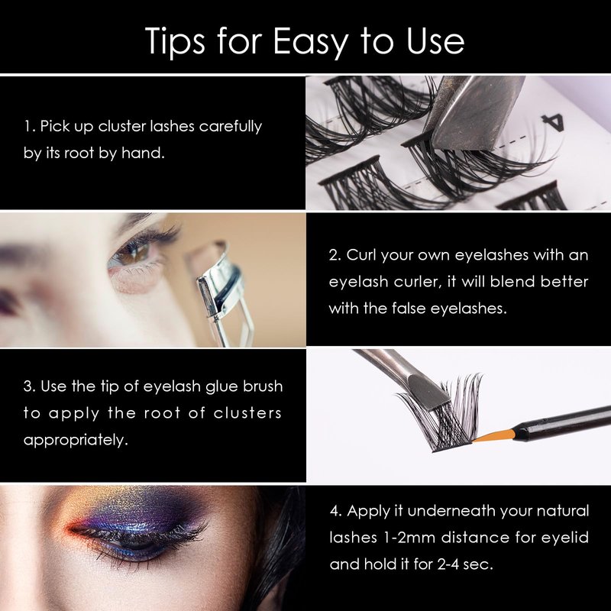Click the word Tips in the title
[x=175, y=42]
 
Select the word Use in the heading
[x=435, y=41]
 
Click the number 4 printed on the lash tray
[x=553, y=123]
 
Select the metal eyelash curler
[x=224, y=293]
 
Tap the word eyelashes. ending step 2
[x=469, y=309]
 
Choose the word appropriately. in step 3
[x=76, y=441]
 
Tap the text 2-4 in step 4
[x=448, y=564]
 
